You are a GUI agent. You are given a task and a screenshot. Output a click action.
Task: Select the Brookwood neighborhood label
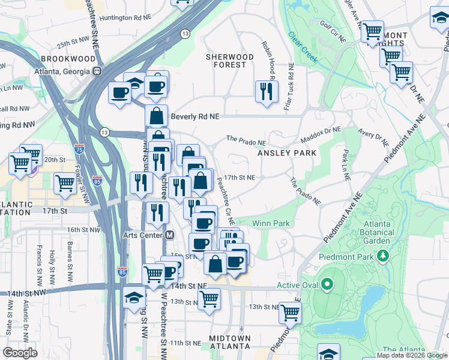pyautogui.click(x=68, y=59)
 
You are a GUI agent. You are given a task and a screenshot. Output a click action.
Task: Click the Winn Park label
pyautogui.click(x=271, y=223)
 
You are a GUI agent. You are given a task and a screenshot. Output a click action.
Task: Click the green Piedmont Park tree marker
pyautogui.click(x=382, y=257)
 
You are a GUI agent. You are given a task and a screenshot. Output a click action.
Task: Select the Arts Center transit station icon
pyautogui.click(x=170, y=235)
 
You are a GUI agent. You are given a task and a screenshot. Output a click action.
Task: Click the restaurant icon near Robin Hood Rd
pyautogui.click(x=267, y=92)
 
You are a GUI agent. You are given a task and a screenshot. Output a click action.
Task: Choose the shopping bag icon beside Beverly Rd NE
pyautogui.click(x=156, y=115)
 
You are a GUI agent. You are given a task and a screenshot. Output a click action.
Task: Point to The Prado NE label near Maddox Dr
pyautogui.click(x=246, y=139)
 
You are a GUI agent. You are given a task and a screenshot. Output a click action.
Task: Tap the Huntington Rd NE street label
pyautogui.click(x=124, y=17)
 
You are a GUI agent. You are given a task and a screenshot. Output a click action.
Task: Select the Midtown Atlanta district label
pyautogui.click(x=230, y=342)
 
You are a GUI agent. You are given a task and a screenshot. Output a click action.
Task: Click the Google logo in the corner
pyautogui.click(x=20, y=352)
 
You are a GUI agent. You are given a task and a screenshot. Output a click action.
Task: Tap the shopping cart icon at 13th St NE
pyautogui.click(x=290, y=311)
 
